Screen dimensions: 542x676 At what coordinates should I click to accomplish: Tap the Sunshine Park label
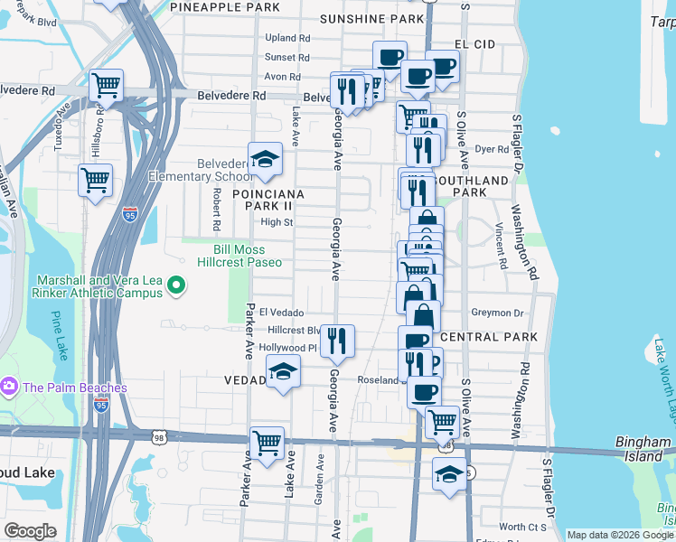coord(371,19)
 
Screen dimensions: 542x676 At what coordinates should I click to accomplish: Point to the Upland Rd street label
coord(287,38)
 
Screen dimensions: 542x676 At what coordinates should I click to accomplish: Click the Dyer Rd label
coord(492,149)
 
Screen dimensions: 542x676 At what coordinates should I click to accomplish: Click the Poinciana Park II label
coord(268,200)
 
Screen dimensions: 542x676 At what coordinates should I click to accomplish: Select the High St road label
coord(277,222)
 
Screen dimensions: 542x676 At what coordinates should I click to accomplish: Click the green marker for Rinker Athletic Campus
coord(176,288)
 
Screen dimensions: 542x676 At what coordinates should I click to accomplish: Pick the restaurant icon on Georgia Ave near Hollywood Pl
coord(337,340)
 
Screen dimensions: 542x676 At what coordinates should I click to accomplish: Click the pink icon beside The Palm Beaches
coord(10,387)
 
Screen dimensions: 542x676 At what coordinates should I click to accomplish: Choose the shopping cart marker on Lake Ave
coord(267,443)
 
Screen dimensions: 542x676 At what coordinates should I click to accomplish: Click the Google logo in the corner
coord(30,531)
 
